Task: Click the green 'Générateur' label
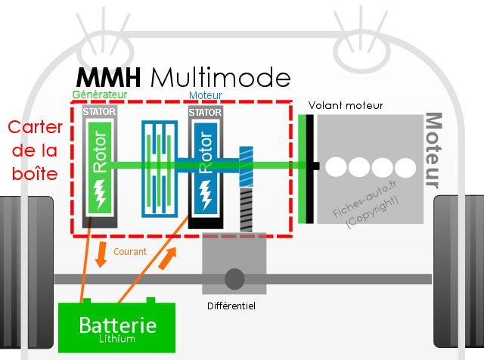(99, 95)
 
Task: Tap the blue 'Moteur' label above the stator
(205, 95)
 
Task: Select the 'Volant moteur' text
(346, 106)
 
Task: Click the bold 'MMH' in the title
(108, 77)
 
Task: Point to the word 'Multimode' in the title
(221, 77)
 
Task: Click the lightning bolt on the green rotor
(99, 194)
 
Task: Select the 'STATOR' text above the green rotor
(99, 111)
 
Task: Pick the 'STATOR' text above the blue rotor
(205, 113)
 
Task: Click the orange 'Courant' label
(130, 252)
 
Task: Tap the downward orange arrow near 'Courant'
(101, 255)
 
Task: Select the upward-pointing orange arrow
(168, 258)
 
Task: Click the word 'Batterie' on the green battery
(118, 325)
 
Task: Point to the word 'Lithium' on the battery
(117, 339)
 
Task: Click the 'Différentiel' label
(231, 306)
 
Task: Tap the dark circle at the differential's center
(234, 279)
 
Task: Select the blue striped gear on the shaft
(246, 166)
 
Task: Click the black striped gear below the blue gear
(246, 210)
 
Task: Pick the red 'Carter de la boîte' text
(35, 151)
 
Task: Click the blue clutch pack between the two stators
(160, 169)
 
